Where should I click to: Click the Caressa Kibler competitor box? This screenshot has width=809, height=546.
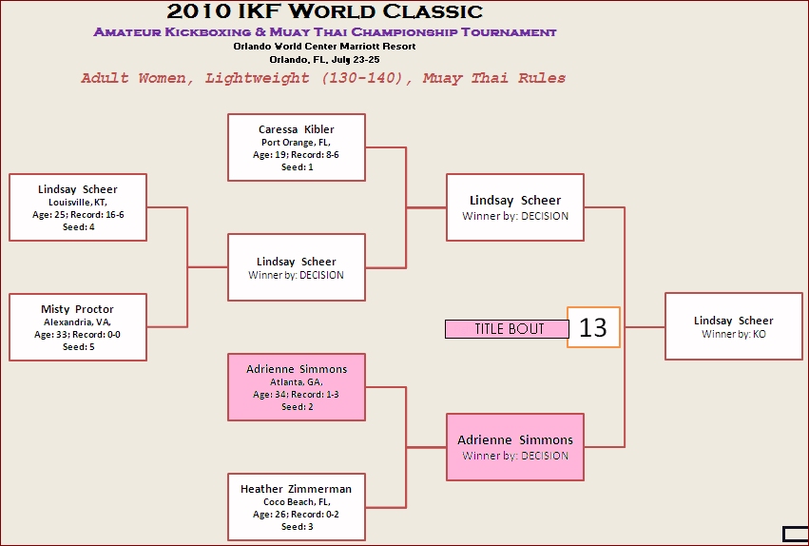tap(297, 147)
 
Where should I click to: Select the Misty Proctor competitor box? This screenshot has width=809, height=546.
tap(77, 327)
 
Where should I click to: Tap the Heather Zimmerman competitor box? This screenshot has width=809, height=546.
tap(297, 507)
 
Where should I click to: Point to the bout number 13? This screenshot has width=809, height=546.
tap(593, 327)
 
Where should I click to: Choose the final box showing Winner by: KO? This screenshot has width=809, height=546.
tap(733, 326)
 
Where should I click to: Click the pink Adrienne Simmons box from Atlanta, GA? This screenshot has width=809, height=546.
tap(297, 387)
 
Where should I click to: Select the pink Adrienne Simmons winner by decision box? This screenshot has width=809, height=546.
tap(514, 447)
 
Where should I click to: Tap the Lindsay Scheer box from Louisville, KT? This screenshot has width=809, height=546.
tap(77, 207)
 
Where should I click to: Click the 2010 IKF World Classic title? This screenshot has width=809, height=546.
tap(325, 12)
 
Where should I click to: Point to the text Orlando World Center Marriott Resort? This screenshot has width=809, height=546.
tap(324, 46)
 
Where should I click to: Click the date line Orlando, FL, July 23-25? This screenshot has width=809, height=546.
tap(324, 59)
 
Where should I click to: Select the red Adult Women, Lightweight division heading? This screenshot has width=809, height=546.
tap(323, 79)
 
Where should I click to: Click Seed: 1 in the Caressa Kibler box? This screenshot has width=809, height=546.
tap(297, 167)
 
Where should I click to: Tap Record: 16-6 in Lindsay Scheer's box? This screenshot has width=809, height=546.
tap(94, 215)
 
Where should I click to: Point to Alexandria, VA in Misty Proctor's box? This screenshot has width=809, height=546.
tap(77, 322)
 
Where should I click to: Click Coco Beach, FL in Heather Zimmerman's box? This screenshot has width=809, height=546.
tap(297, 502)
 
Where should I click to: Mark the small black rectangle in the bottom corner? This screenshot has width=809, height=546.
tap(794, 534)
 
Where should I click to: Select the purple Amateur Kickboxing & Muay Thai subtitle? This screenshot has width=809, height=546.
tap(325, 32)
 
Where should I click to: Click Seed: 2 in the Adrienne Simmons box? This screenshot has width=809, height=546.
tap(297, 407)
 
